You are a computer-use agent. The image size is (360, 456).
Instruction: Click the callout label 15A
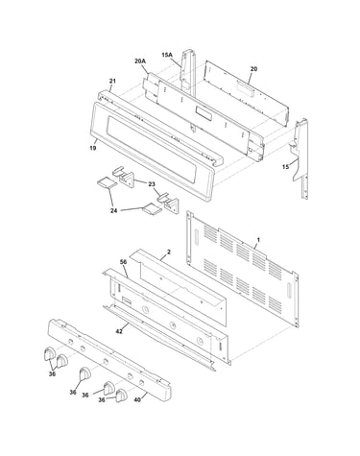pos(167,55)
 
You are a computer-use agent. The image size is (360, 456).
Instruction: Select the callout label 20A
pos(140,60)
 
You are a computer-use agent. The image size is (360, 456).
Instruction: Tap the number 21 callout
pos(112,81)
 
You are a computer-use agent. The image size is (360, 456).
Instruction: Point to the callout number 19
pos(93,148)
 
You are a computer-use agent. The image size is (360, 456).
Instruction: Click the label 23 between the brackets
pos(152,184)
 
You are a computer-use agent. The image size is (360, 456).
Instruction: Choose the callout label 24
pos(113,210)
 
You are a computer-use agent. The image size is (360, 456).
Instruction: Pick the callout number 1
pos(258,240)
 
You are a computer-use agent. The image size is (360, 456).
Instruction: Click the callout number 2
pos(169,252)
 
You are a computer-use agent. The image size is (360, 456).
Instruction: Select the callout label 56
pos(123,262)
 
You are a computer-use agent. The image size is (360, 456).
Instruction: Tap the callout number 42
pos(119,332)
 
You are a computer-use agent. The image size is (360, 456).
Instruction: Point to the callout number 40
pos(137,399)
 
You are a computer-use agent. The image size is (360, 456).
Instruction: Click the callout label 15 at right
pos(285,166)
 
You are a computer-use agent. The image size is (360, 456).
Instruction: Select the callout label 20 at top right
pos(253,69)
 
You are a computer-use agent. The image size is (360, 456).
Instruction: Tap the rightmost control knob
pos(121,396)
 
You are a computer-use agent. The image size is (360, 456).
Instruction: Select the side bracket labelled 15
pos(300,158)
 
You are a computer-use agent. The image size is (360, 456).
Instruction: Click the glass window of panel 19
pos(154,146)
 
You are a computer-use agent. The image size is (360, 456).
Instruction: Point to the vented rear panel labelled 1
pos(242,269)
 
